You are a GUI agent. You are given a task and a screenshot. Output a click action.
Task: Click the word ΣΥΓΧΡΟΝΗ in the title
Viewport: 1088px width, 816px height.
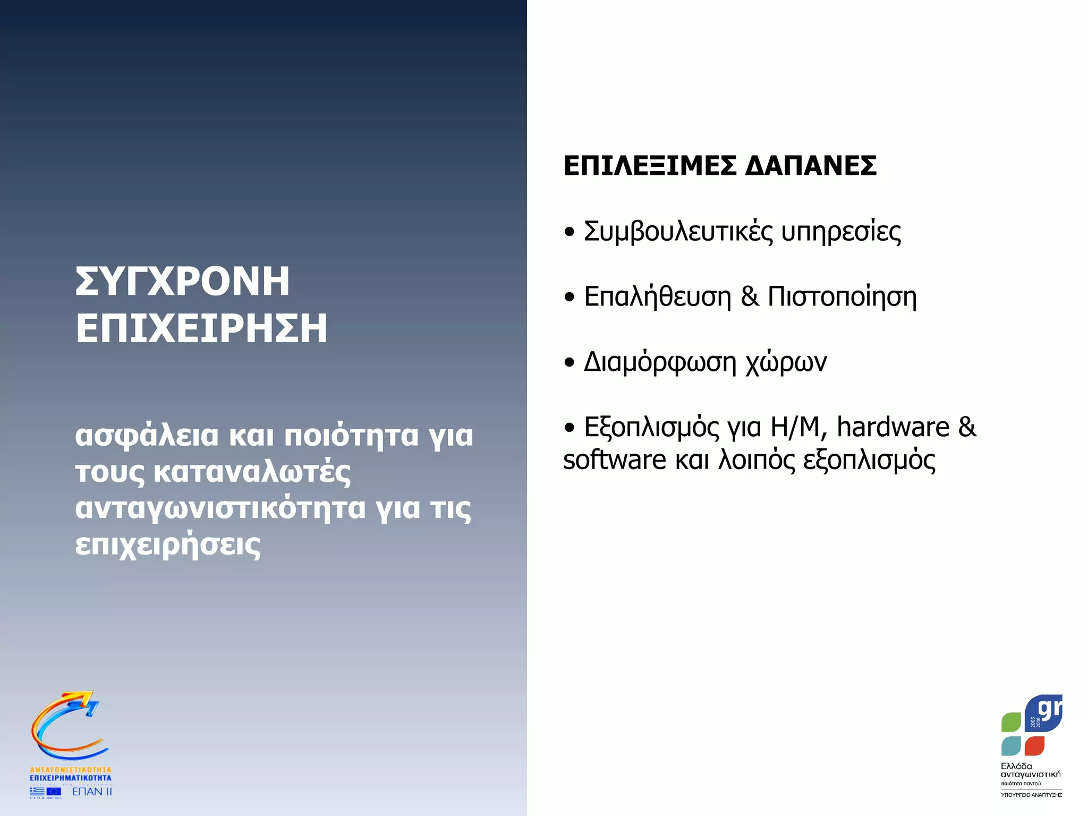[x=182, y=281]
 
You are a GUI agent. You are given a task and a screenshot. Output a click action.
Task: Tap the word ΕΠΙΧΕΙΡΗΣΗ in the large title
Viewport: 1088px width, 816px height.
[x=201, y=328]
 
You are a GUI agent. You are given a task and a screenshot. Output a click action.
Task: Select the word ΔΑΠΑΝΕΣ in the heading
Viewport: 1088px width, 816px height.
[x=811, y=166]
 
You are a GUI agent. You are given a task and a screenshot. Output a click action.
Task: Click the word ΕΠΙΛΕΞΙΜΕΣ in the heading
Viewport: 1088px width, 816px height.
[x=650, y=166]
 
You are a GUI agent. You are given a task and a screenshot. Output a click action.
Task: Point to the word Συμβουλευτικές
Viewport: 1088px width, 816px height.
[x=678, y=232]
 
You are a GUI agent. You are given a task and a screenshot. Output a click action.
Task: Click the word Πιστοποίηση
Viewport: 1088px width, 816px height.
[x=842, y=296]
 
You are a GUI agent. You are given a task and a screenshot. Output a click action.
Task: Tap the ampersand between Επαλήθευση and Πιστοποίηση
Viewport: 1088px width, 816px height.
[x=749, y=296]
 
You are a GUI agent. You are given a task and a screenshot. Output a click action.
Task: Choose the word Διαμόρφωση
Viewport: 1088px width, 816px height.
[x=660, y=363]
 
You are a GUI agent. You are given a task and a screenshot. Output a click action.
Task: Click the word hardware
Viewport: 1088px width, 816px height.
[x=893, y=427]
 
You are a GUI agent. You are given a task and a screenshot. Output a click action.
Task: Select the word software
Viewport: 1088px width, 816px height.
[x=614, y=460]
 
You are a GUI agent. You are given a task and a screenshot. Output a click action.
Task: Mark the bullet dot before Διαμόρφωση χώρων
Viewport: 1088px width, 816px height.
[x=569, y=363]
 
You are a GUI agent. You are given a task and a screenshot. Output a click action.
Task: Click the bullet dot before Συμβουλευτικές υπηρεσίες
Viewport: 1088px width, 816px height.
[x=569, y=232]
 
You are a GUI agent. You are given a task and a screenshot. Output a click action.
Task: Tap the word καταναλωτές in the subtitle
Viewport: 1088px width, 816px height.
[x=252, y=472]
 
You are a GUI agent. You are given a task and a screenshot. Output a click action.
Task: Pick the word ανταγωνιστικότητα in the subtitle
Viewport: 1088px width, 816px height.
[x=220, y=508]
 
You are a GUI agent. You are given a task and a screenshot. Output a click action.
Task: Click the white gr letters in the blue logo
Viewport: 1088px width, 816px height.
[x=1049, y=710]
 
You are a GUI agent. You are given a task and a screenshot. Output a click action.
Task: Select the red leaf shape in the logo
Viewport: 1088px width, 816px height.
[x=1034, y=745]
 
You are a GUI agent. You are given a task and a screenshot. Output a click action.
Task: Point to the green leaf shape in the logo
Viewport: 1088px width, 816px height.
[x=1011, y=722]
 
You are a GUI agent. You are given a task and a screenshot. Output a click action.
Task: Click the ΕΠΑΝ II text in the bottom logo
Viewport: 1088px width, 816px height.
[x=92, y=792]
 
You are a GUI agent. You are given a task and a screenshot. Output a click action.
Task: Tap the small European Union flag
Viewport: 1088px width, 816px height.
[x=54, y=792]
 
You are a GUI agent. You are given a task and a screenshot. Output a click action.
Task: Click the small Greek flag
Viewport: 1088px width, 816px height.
[x=37, y=792]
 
